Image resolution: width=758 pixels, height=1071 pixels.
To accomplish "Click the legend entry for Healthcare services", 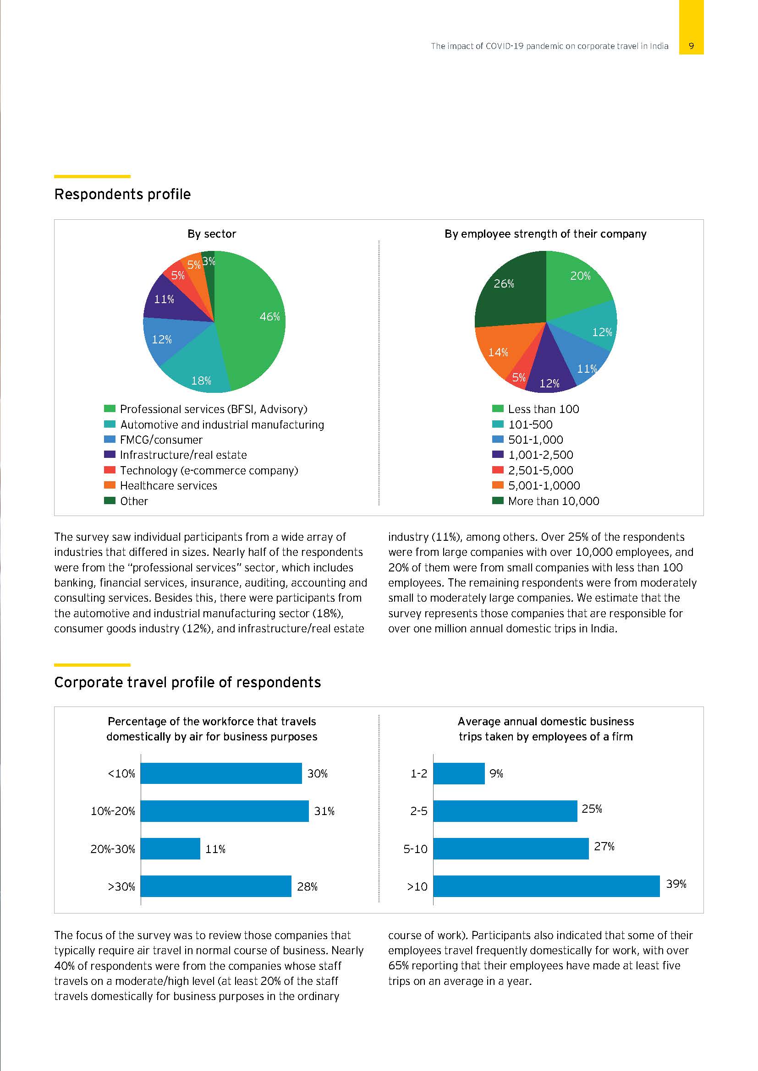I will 168,485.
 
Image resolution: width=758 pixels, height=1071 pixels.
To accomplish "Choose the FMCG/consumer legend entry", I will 161,440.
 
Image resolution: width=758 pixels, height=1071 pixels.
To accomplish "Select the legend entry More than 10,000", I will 553,501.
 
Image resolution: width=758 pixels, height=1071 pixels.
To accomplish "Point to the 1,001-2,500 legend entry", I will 540,455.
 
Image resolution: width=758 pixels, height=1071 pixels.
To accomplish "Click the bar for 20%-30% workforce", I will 170,848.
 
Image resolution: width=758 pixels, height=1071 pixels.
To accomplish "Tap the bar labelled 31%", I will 225,811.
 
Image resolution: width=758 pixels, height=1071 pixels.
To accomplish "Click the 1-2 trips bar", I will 459,773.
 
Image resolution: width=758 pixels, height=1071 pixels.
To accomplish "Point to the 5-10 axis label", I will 415,849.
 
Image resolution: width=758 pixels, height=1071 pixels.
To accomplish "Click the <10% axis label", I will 121,774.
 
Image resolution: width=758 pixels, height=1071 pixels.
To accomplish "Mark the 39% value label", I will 676,883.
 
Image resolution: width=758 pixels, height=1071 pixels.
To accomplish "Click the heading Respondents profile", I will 122,194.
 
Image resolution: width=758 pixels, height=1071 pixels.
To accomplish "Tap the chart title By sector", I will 211,234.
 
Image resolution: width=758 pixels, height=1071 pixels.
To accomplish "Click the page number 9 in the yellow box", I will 691,46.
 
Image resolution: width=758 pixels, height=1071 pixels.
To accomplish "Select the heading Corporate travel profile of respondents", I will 187,682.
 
